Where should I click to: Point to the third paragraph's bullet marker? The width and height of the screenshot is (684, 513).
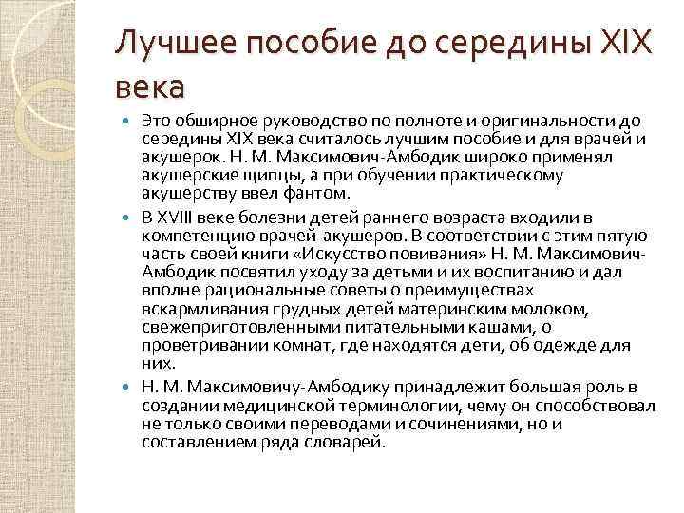(x=130, y=388)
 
